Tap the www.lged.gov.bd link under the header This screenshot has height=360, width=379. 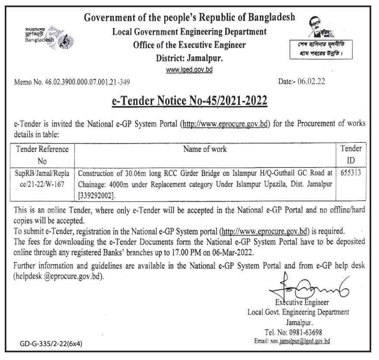pyautogui.click(x=189, y=69)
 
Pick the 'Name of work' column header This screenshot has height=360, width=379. pyautogui.click(x=205, y=150)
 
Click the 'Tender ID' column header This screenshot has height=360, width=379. pyautogui.click(x=350, y=155)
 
